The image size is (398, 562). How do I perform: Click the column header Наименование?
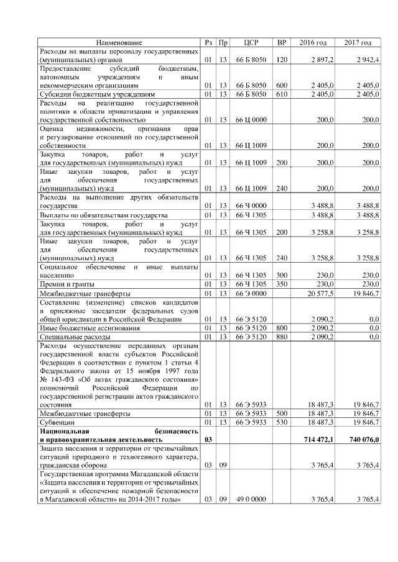[119, 42]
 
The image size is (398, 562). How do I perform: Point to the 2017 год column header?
[358, 42]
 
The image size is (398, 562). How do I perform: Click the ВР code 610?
[282, 94]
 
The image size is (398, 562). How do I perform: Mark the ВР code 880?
[282, 336]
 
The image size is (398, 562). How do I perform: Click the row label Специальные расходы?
[72, 336]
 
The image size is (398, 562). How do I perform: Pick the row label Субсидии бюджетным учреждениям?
[96, 94]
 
